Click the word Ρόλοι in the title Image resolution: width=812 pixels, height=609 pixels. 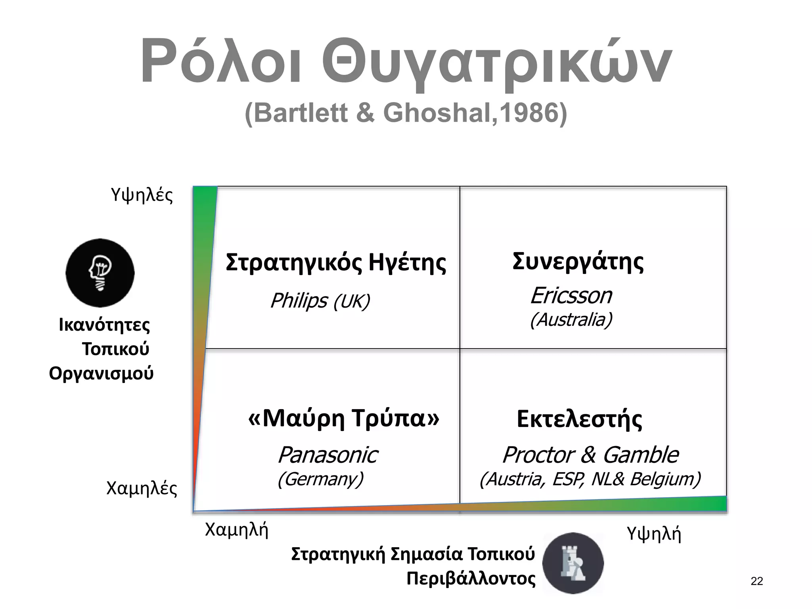coord(220,61)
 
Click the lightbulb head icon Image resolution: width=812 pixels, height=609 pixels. coord(100,273)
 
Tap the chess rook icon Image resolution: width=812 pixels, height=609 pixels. coord(573,563)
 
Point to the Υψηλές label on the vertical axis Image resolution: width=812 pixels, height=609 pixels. coord(142,195)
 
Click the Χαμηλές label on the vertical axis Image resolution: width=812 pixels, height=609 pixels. coord(142,488)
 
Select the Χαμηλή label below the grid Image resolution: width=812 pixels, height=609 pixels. coord(237,530)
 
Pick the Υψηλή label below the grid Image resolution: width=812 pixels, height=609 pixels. coord(654,534)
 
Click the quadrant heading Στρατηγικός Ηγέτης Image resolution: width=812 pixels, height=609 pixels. coord(336,262)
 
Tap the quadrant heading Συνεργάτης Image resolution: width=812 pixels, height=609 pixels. coord(578,262)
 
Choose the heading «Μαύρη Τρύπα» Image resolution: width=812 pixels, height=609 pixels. coord(344,418)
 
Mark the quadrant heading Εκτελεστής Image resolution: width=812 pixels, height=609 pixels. coord(579,419)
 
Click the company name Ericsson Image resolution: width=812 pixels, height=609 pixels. coord(571,296)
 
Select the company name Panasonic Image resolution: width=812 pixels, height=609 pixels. coord(327,455)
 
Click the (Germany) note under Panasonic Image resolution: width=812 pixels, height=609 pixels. coord(320,479)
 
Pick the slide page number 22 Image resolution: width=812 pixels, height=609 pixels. coord(756,581)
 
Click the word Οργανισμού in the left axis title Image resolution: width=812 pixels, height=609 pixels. coord(101,373)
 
